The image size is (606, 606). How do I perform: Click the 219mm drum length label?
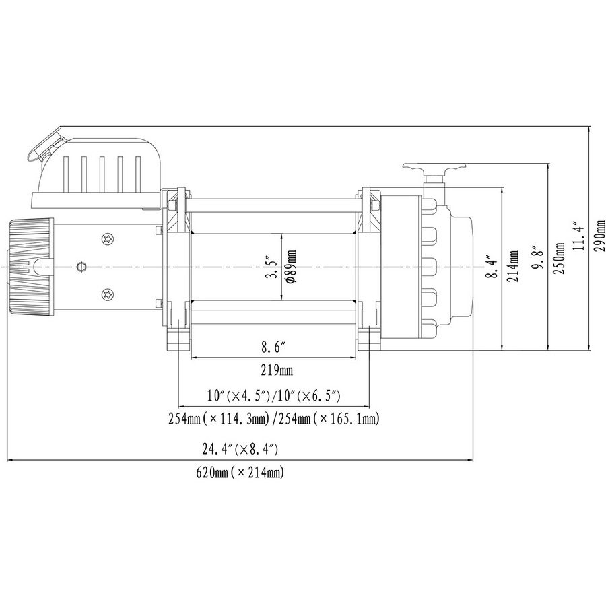[277, 371]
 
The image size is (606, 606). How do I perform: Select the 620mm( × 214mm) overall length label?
[240, 472]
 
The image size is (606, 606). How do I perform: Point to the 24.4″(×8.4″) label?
[240, 449]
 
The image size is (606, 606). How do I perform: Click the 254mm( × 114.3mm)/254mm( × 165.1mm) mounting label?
[273, 419]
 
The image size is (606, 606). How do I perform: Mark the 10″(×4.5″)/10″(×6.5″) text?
[273, 396]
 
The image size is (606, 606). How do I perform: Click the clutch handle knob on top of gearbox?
[434, 168]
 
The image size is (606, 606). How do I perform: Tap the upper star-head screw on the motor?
[108, 240]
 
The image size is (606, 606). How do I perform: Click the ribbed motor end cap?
[30, 267]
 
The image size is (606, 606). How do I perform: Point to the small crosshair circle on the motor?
[81, 267]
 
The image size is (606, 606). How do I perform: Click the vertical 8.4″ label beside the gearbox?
[490, 266]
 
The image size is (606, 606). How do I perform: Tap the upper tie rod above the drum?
[273, 205]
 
